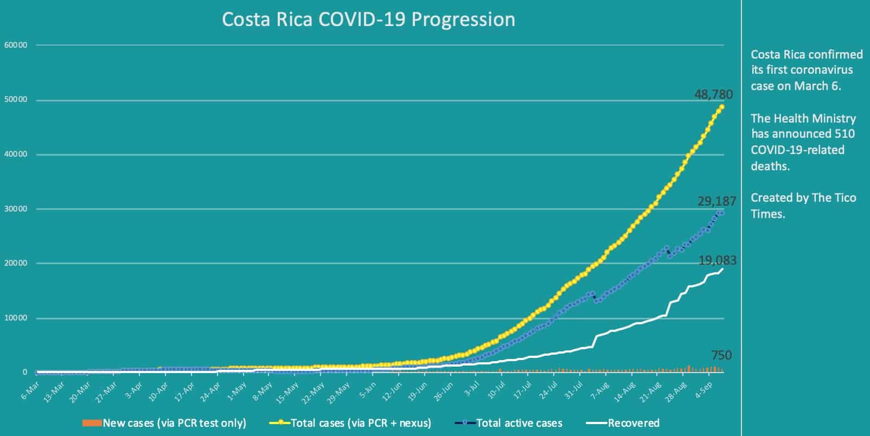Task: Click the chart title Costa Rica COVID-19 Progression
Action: (x=368, y=20)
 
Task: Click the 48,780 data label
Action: (x=713, y=94)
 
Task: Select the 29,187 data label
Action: (x=717, y=202)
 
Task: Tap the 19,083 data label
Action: (x=717, y=261)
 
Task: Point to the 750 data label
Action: (x=721, y=356)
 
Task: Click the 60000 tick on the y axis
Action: (x=15, y=45)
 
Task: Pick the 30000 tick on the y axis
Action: (x=15, y=209)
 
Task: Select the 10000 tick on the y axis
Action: (x=15, y=318)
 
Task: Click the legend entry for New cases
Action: (x=174, y=423)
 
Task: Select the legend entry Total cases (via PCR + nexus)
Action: (x=361, y=423)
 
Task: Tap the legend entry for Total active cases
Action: (x=519, y=423)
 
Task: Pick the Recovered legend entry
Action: (x=633, y=423)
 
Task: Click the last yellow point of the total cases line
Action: (x=722, y=107)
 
